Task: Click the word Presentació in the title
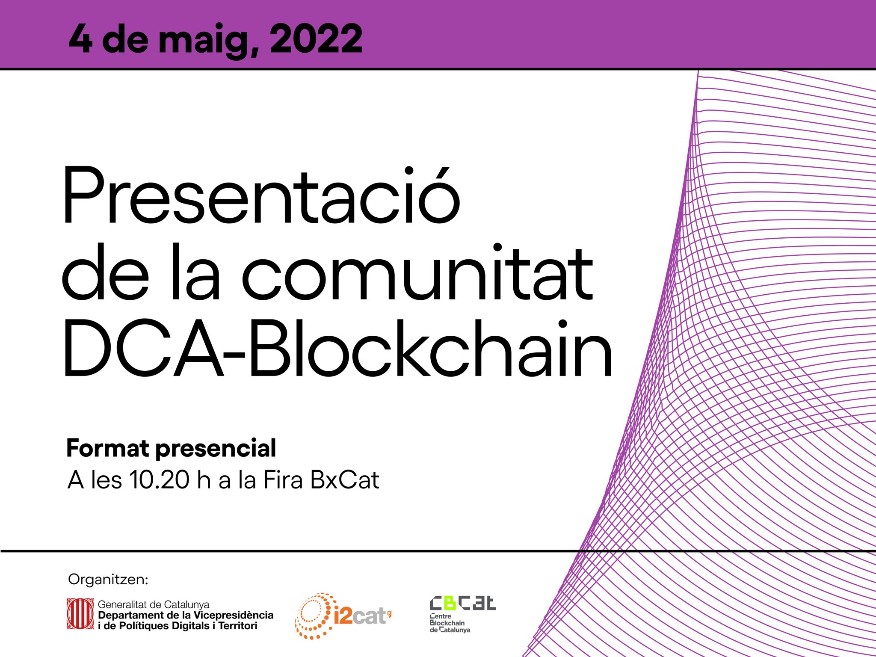(x=261, y=195)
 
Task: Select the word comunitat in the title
(x=417, y=272)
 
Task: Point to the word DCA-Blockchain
(x=338, y=348)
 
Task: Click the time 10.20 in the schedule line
(x=159, y=480)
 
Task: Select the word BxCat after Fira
(x=345, y=480)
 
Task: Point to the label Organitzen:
(x=108, y=580)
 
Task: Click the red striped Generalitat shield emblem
(x=80, y=614)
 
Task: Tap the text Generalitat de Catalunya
(x=154, y=604)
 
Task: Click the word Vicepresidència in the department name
(x=234, y=615)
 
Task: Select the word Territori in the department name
(x=238, y=626)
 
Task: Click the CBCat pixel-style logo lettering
(x=462, y=603)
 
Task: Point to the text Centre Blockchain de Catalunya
(x=450, y=623)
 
